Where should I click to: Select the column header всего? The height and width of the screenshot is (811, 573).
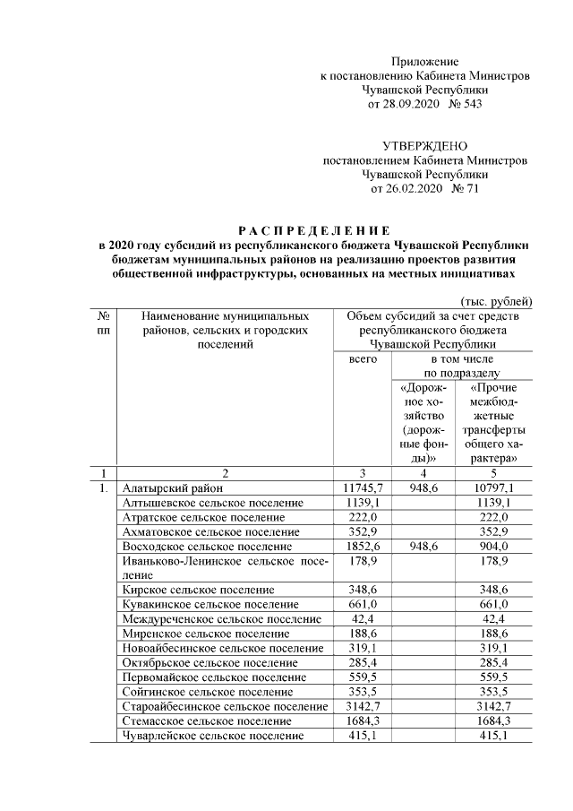pos(362,358)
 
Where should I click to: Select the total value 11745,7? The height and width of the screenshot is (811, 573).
pos(362,488)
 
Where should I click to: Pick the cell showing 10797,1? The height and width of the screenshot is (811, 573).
pos(492,488)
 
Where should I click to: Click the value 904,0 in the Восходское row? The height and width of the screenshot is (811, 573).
pos(492,546)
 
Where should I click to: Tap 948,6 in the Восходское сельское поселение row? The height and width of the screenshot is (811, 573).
pos(422,546)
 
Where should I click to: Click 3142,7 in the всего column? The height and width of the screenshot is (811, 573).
pos(362,706)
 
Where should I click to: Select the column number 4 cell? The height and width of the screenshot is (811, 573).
pos(422,473)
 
